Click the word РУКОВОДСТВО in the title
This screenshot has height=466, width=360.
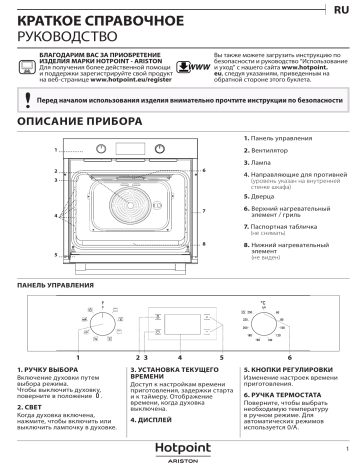pyautogui.click(x=63, y=31)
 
